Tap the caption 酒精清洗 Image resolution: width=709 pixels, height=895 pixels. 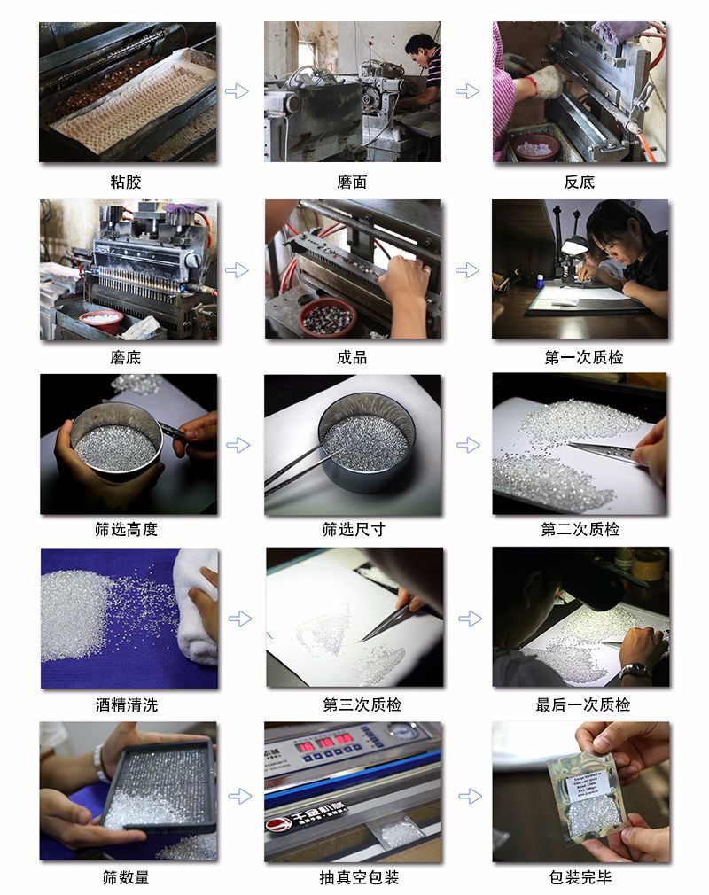point(127,705)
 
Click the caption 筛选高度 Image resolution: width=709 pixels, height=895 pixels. point(126,529)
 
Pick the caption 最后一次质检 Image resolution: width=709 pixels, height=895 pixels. point(582,705)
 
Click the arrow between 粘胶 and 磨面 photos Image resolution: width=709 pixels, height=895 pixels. point(237,90)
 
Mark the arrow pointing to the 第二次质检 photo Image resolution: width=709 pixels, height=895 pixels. point(467,445)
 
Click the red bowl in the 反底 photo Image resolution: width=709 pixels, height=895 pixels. point(535,146)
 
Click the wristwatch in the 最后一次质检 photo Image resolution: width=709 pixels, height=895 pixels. point(634,671)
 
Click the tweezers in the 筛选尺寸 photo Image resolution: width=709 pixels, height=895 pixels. point(301,465)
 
